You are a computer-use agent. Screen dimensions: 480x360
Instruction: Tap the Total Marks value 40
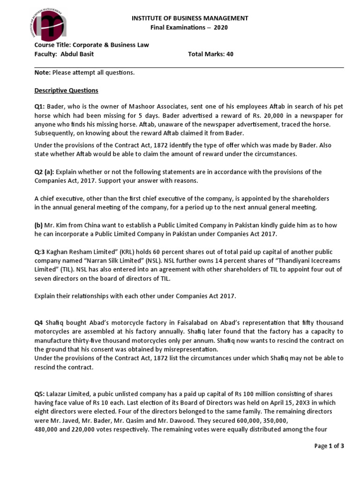click(x=230, y=54)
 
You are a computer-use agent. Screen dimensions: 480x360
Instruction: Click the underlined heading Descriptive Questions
click(x=66, y=90)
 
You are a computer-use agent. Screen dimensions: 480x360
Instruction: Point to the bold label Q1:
click(x=40, y=106)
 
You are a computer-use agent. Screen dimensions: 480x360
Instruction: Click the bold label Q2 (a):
click(x=44, y=172)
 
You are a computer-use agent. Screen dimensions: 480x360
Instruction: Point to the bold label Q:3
click(x=40, y=252)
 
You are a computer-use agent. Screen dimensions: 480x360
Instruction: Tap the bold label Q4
click(x=39, y=323)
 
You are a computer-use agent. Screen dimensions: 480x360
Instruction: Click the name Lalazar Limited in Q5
click(x=66, y=394)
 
